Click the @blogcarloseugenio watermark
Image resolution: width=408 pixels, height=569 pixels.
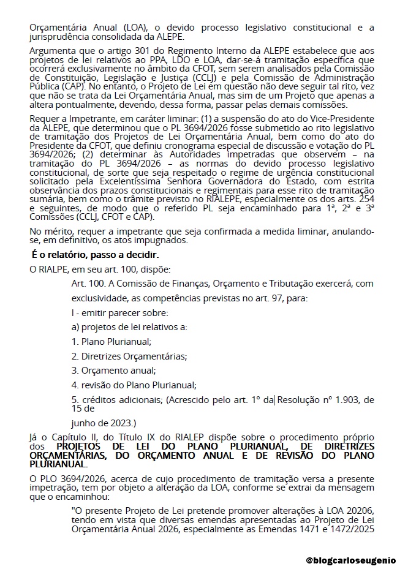point(351,560)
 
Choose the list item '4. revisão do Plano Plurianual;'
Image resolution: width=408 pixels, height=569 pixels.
point(134,385)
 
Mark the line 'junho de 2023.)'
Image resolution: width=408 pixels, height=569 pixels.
point(104,422)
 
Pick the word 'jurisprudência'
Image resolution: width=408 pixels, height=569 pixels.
point(59,37)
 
